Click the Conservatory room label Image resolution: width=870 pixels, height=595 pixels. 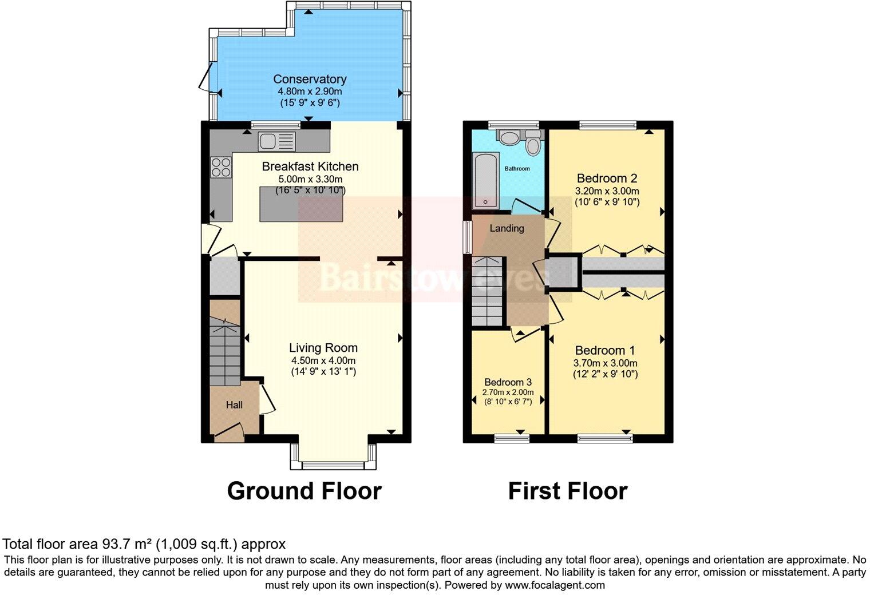tap(310, 79)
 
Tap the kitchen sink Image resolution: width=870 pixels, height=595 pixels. tap(276, 141)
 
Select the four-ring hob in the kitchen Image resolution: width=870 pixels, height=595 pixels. tap(221, 166)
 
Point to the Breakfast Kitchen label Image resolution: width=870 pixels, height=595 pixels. tap(310, 166)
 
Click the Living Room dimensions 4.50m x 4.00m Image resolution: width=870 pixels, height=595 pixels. tap(323, 360)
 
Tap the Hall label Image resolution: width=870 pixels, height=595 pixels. tap(234, 405)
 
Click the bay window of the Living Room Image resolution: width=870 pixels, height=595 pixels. tap(334, 464)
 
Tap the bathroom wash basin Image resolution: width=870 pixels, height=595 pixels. tap(508, 137)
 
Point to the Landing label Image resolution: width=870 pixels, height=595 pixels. tap(507, 228)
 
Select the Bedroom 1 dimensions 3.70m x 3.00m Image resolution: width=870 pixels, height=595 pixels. tap(606, 363)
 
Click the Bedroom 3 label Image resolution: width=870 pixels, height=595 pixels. tap(508, 382)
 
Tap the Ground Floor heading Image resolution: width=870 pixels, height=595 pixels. tap(304, 491)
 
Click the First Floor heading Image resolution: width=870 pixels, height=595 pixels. tap(567, 491)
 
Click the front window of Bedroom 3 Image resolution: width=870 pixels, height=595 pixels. tap(512, 438)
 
